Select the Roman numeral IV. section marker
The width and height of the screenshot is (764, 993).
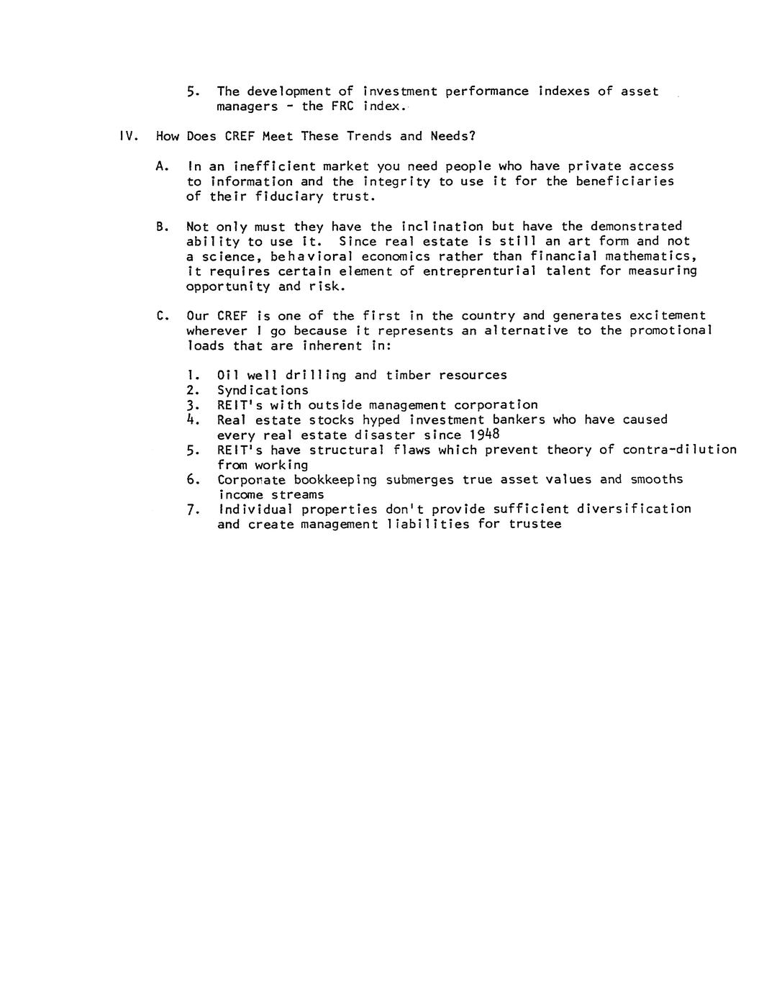[x=128, y=136]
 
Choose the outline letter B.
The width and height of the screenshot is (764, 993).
[x=160, y=227]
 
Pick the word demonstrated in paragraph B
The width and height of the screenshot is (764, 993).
[x=636, y=227]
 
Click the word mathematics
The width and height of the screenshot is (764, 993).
[x=651, y=257]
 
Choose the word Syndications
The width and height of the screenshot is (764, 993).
[x=263, y=390]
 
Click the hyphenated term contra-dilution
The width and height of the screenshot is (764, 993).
[x=679, y=450]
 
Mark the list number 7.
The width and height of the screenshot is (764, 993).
[x=191, y=509]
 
